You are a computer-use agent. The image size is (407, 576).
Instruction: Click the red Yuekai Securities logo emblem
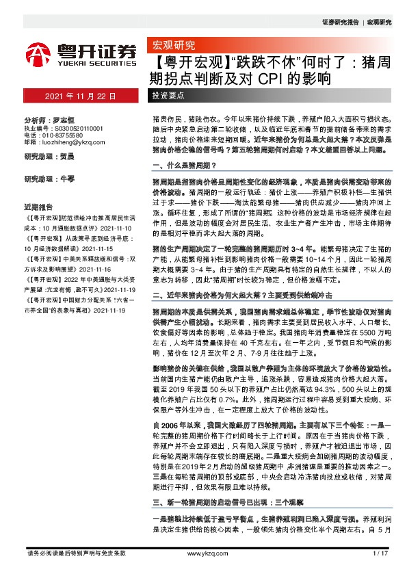pos(39,53)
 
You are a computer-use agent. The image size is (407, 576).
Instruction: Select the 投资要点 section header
pos(170,95)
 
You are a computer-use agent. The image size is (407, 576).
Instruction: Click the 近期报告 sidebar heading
pos(38,207)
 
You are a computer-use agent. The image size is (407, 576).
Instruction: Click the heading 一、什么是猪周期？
pos(185,166)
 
